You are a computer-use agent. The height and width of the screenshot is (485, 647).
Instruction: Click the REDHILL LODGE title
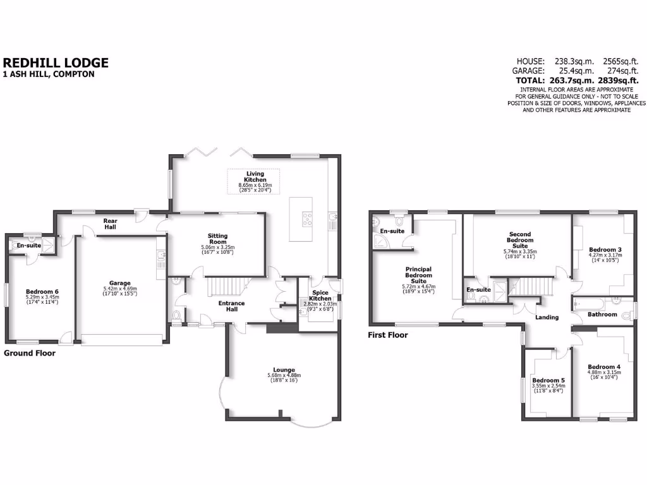pyautogui.click(x=56, y=63)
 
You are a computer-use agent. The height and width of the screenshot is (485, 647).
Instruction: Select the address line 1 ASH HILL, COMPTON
pyautogui.click(x=49, y=75)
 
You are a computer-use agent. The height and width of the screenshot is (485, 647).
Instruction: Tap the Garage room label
pyautogui.click(x=119, y=283)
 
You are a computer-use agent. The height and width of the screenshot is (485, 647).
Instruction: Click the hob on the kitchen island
pyautogui.click(x=308, y=220)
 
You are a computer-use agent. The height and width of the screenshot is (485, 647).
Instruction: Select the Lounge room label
pyautogui.click(x=284, y=370)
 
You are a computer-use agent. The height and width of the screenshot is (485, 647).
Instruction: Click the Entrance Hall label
pyautogui.click(x=231, y=306)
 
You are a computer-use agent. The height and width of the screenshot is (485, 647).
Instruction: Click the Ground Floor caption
pyautogui.click(x=30, y=354)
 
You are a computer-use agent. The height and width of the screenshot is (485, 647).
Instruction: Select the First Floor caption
pyautogui.click(x=388, y=335)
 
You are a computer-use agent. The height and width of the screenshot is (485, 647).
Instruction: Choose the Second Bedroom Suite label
pyautogui.click(x=521, y=241)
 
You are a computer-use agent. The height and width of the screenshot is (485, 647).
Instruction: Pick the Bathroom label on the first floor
pyautogui.click(x=602, y=314)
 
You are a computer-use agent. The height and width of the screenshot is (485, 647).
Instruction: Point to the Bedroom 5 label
pyautogui.click(x=548, y=380)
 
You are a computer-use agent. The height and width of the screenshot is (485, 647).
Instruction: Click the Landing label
pyautogui.click(x=547, y=317)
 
